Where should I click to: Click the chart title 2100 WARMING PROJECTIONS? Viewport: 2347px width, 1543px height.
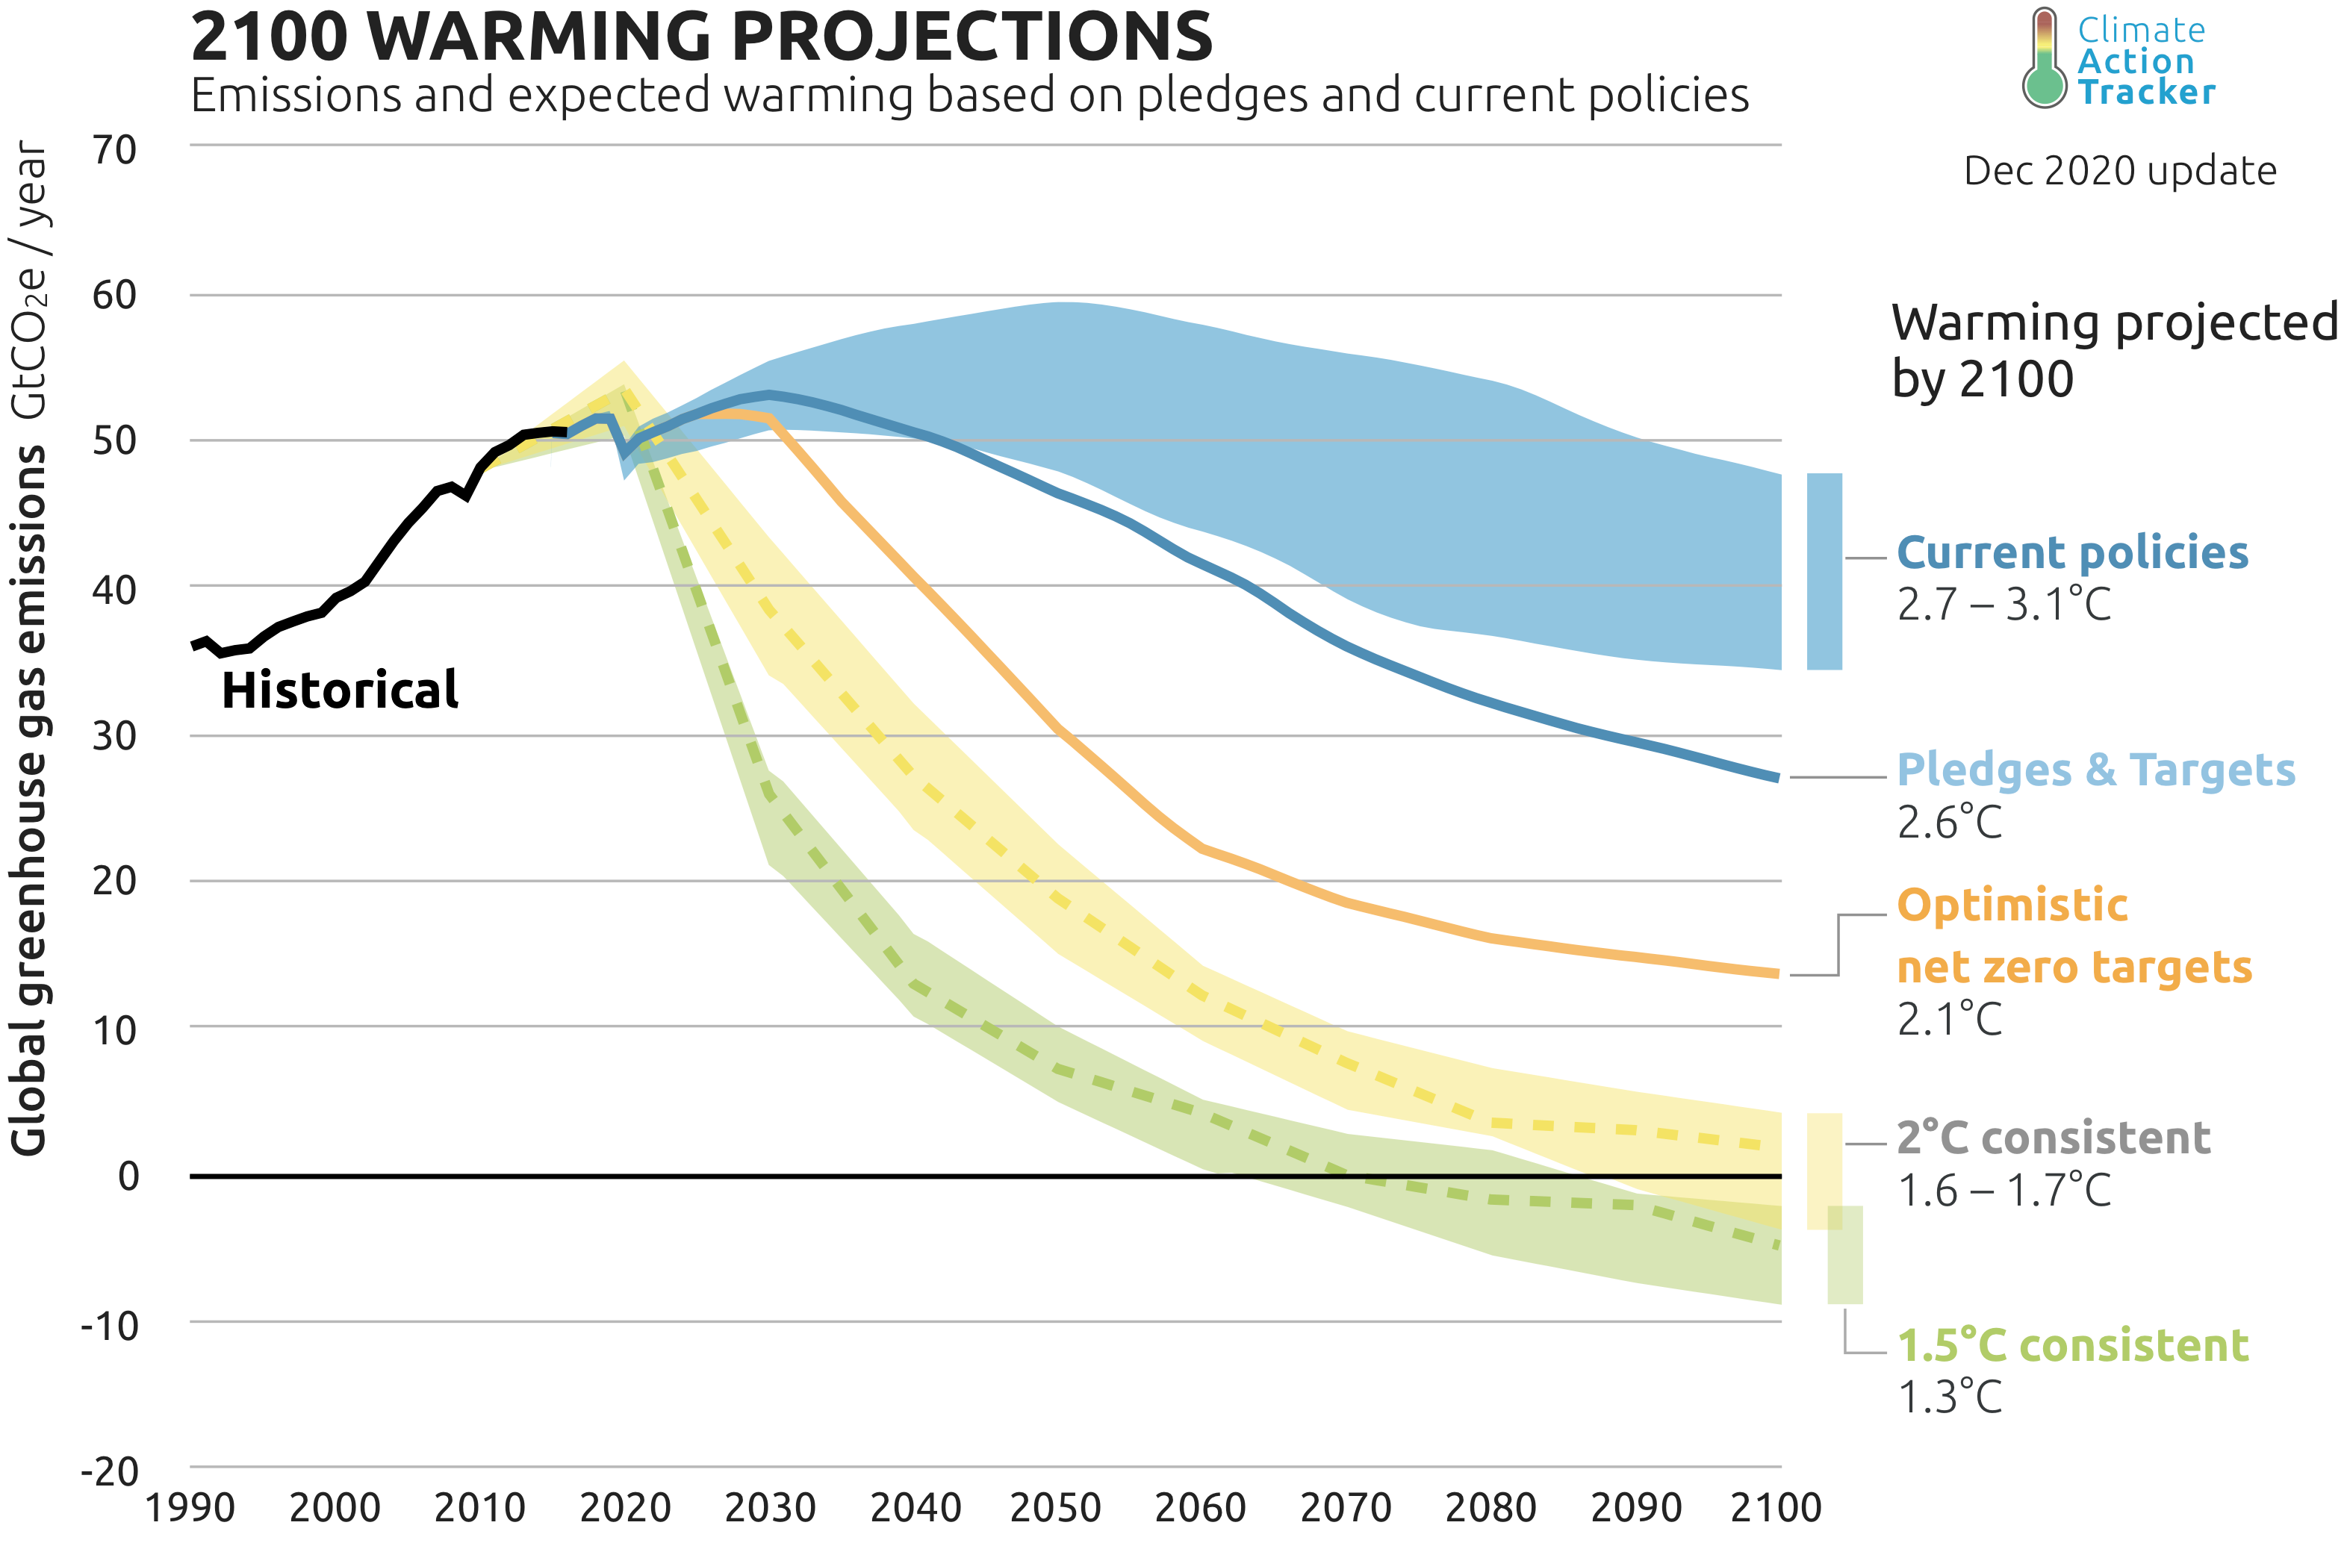pos(701,37)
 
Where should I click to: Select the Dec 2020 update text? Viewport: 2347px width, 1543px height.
pos(2120,172)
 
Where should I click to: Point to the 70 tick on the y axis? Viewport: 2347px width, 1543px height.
pos(114,151)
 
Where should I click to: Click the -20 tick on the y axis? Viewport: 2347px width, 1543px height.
pos(110,1472)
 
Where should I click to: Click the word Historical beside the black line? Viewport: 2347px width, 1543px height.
pos(339,691)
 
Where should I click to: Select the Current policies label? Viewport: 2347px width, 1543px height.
pos(2072,553)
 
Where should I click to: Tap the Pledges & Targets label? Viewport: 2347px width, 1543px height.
pos(2095,771)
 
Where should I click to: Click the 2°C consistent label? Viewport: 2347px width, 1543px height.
pos(2053,1138)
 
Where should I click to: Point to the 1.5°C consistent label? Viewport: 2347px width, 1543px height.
pos(2073,1346)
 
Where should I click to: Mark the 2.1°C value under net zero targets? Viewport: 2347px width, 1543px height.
pos(1950,1020)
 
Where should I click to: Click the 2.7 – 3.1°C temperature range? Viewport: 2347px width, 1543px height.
pos(2004,605)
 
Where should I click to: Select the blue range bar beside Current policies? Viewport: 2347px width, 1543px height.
pos(1824,572)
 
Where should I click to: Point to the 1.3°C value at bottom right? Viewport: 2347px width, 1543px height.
pos(1950,1398)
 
